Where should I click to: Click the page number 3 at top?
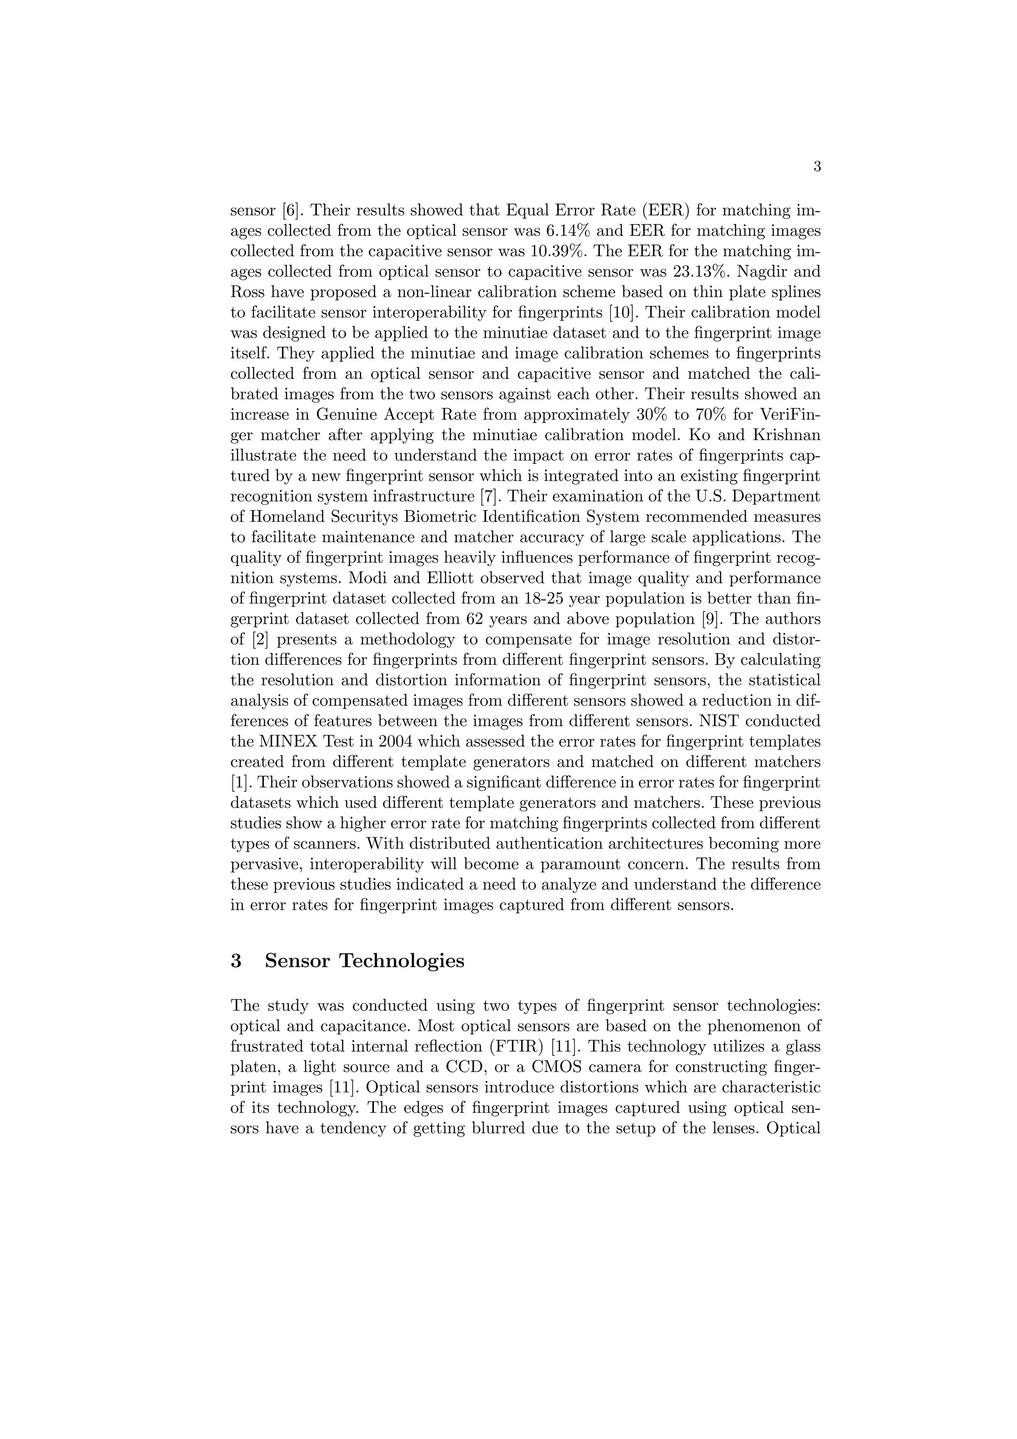click(x=816, y=167)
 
